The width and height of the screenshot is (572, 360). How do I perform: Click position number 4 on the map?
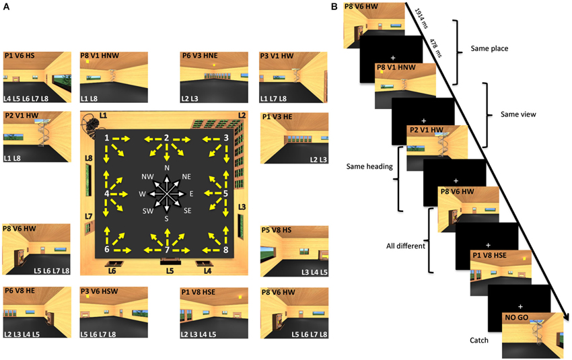107,193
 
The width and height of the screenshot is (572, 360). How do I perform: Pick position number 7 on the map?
166,250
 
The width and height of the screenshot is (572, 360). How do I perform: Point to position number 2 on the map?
166,138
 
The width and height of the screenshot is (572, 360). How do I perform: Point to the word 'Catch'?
479,340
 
